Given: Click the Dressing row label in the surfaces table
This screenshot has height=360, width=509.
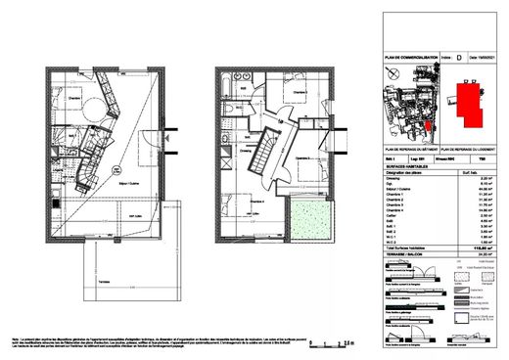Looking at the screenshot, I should pyautogui.click(x=391, y=178).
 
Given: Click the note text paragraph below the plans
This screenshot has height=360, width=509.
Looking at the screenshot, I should pyautogui.click(x=147, y=337).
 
